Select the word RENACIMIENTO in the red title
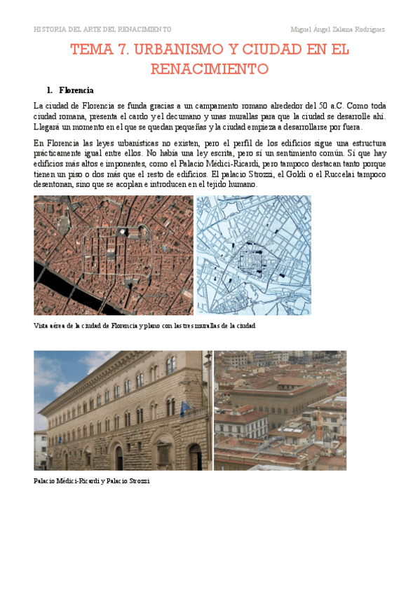pyautogui.click(x=210, y=69)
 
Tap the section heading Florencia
pyautogui.click(x=76, y=90)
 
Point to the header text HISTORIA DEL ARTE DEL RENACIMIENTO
pyautogui.click(x=102, y=29)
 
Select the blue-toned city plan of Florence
pyautogui.click(x=253, y=255)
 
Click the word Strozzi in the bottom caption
pyautogui.click(x=138, y=481)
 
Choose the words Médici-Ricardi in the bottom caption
pyautogui.click(x=75, y=481)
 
